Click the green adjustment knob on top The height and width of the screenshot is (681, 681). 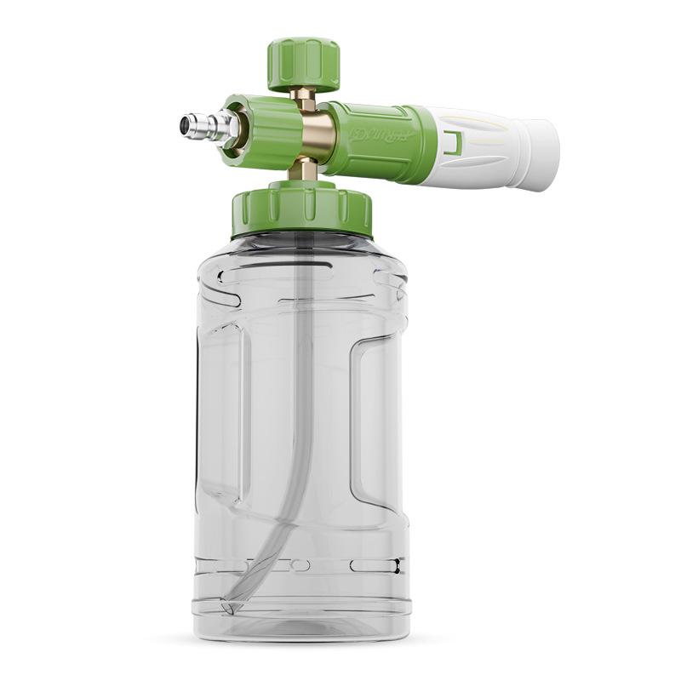303,62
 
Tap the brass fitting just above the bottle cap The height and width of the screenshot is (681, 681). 303,169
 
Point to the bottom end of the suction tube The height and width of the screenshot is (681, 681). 228,606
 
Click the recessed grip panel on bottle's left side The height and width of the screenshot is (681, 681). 223,409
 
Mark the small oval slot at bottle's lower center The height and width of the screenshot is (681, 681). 300,564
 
